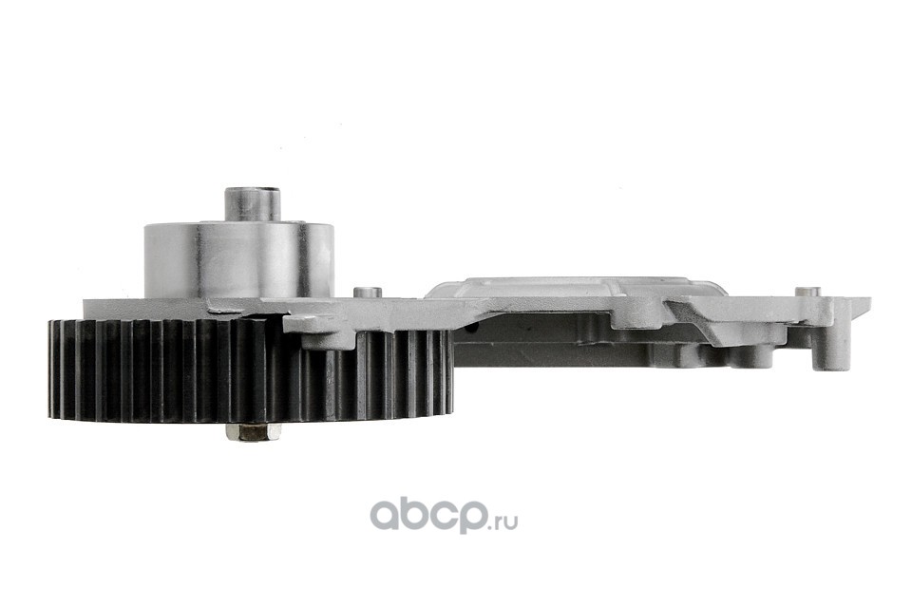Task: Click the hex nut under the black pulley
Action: [x=253, y=432]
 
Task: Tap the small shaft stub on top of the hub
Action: [x=253, y=204]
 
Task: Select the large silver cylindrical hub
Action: [x=239, y=260]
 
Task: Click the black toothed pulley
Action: [x=250, y=370]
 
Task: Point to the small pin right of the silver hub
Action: [x=368, y=293]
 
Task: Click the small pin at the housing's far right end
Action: [x=807, y=292]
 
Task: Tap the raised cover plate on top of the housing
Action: [x=576, y=287]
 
